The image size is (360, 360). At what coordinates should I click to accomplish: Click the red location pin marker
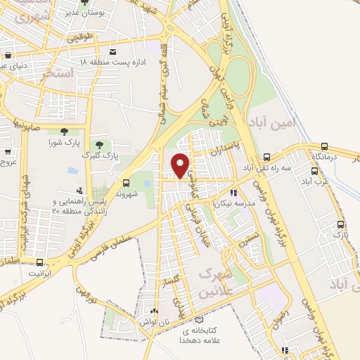pyautogui.click(x=181, y=165)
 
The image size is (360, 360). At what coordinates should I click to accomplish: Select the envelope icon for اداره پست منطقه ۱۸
pyautogui.click(x=113, y=51)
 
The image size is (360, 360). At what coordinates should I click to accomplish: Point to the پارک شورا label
pyautogui.click(x=64, y=143)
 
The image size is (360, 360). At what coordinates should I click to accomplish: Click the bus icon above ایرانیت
pyautogui.click(x=29, y=257)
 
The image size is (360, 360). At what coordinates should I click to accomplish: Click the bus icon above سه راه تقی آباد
pyautogui.click(x=266, y=157)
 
